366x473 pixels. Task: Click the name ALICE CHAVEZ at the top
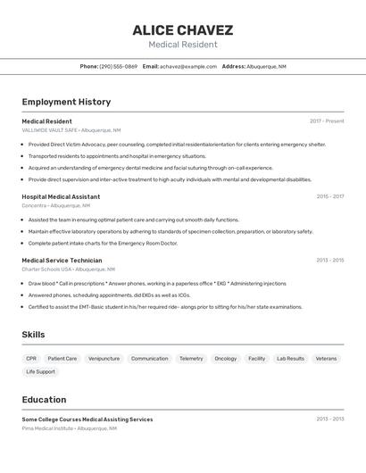click(182, 29)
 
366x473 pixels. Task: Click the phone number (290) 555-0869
click(118, 66)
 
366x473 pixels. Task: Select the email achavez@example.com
click(188, 66)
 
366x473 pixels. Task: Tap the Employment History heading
click(66, 102)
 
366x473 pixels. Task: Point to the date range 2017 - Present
click(327, 121)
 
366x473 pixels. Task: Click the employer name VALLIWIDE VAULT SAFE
click(50, 130)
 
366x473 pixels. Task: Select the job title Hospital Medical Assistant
click(61, 196)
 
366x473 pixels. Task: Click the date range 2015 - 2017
click(329, 196)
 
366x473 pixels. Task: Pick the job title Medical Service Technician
click(62, 261)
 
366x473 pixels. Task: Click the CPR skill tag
click(31, 359)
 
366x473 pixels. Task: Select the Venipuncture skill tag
click(104, 359)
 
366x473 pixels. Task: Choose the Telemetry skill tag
click(191, 359)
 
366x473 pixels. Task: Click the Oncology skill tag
click(226, 359)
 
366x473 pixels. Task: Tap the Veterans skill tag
click(326, 359)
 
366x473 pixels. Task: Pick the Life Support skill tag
click(40, 371)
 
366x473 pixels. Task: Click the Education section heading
click(44, 400)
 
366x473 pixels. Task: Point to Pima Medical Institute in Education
click(48, 428)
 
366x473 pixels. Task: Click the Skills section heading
click(34, 335)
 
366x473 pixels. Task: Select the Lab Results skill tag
click(290, 359)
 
